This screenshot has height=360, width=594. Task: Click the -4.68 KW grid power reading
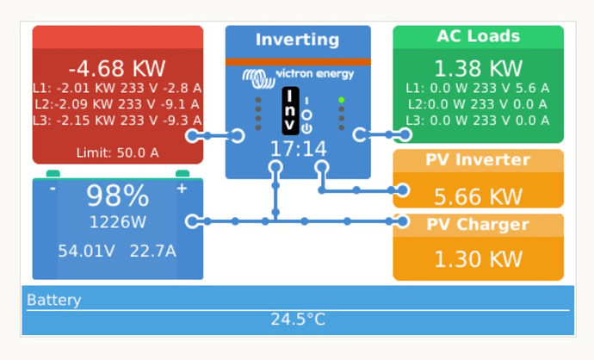[x=117, y=68]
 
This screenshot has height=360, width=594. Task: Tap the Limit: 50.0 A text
[x=117, y=152]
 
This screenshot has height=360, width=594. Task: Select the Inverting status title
[x=297, y=40]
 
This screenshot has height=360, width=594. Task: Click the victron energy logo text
[x=315, y=73]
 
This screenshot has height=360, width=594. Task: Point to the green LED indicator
[x=341, y=100]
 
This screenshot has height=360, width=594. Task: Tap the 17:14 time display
[x=298, y=148]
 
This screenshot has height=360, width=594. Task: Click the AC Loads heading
[x=478, y=36]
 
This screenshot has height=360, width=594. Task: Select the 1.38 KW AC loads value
[x=478, y=68]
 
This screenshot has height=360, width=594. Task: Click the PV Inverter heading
[x=478, y=159]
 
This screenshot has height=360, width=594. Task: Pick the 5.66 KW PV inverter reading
[x=478, y=196]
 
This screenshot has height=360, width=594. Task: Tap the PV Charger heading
[x=478, y=224]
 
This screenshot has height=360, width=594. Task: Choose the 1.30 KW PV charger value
[x=478, y=259]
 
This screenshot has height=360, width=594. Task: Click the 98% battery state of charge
[x=117, y=196]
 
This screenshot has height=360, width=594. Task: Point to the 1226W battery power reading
[x=117, y=222]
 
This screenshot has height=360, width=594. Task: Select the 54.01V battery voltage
[x=86, y=251]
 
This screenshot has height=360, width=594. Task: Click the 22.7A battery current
[x=152, y=251]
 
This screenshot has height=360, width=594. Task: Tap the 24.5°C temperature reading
[x=298, y=319]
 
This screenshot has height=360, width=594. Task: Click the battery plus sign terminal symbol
[x=182, y=189]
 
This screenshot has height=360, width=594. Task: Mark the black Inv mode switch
[x=290, y=110]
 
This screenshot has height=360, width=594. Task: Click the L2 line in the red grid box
[x=117, y=104]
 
